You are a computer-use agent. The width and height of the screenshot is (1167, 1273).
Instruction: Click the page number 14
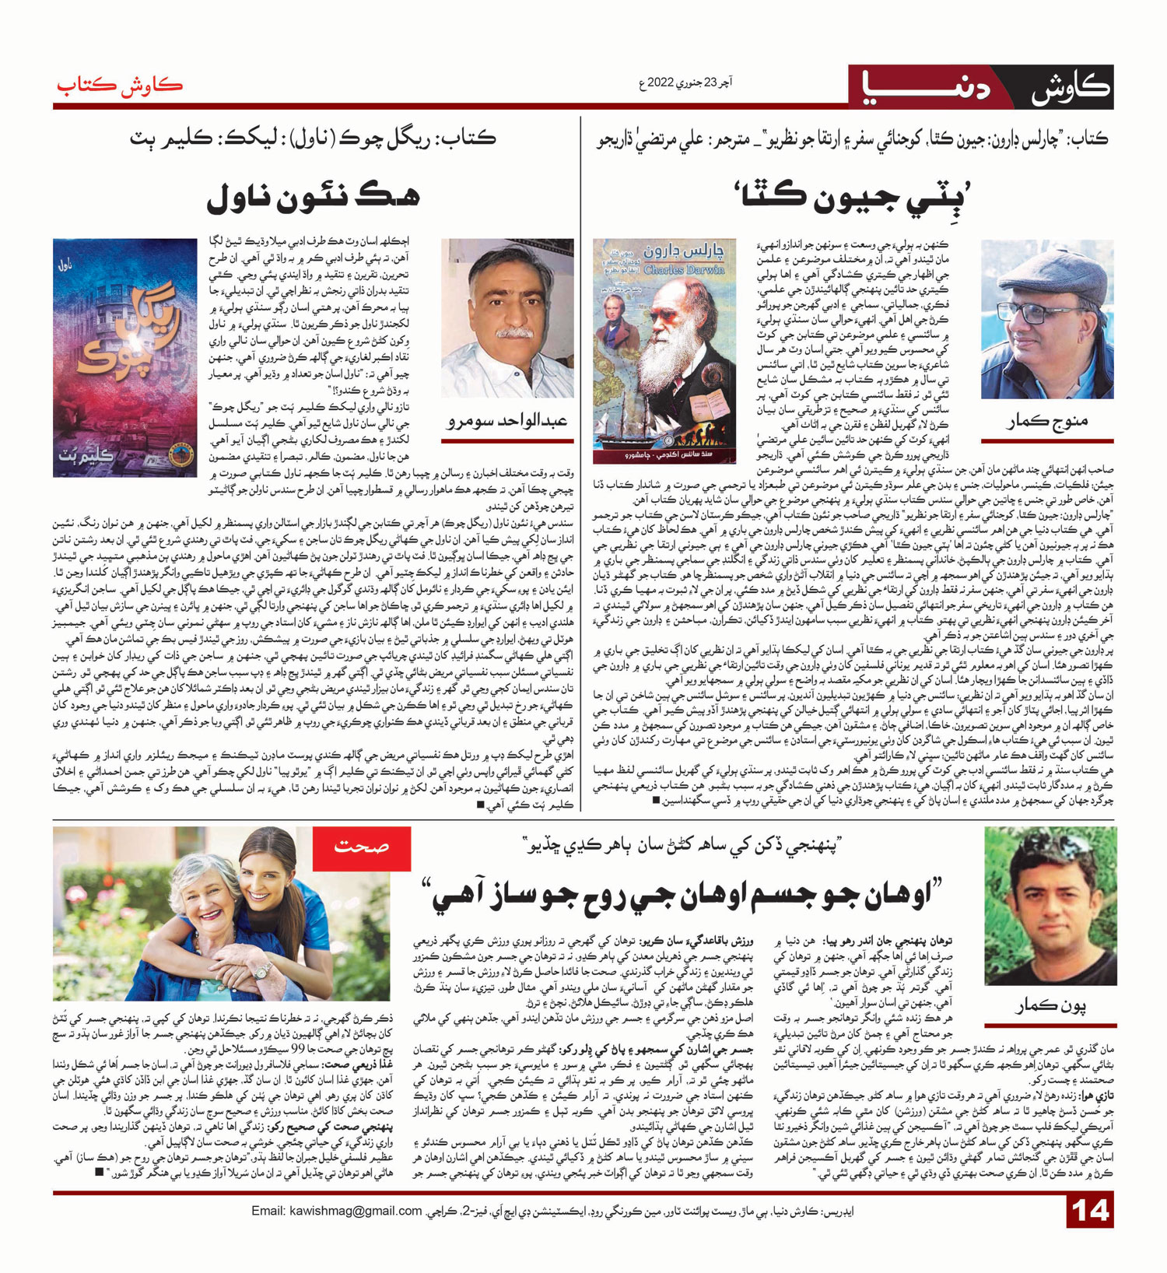click(1090, 1212)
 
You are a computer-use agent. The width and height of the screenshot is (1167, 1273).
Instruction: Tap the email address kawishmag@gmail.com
click(336, 1211)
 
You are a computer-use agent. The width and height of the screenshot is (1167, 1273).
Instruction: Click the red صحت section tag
click(361, 847)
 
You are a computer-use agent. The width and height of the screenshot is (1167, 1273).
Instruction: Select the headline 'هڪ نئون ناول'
click(314, 198)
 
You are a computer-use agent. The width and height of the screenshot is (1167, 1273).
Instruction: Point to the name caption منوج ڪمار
click(1047, 421)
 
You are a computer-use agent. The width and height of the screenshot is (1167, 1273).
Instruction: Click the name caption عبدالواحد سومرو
click(507, 420)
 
